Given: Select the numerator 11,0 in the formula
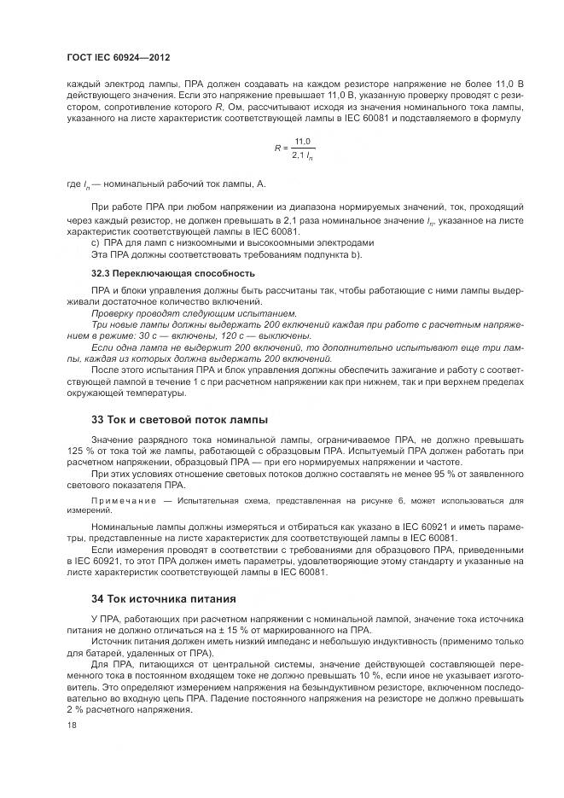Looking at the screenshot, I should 302,142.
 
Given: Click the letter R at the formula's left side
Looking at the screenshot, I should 277,148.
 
